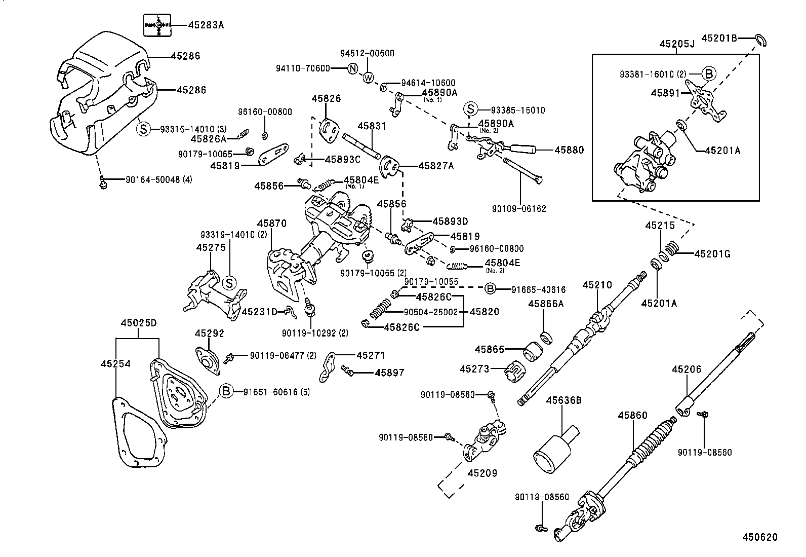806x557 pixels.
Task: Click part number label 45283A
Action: [x=206, y=24]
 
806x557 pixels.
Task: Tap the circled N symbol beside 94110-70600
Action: [x=353, y=69]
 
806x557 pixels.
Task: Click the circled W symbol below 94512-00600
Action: [x=368, y=78]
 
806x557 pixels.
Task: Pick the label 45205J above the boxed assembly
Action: [x=676, y=44]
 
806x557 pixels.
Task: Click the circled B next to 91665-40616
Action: [x=490, y=289]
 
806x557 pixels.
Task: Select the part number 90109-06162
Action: [x=518, y=208]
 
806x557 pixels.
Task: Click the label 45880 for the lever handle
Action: [x=569, y=150]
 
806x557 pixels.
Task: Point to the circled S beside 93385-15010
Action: [x=471, y=109]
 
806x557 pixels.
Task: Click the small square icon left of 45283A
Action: [x=157, y=25]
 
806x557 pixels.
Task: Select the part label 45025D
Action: [x=138, y=323]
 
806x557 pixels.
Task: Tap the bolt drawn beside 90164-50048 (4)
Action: [x=103, y=181]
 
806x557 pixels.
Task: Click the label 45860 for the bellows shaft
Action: [x=632, y=416]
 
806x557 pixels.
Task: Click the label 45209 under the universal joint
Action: [x=482, y=473]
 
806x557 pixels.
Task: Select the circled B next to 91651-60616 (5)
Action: [x=226, y=391]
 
